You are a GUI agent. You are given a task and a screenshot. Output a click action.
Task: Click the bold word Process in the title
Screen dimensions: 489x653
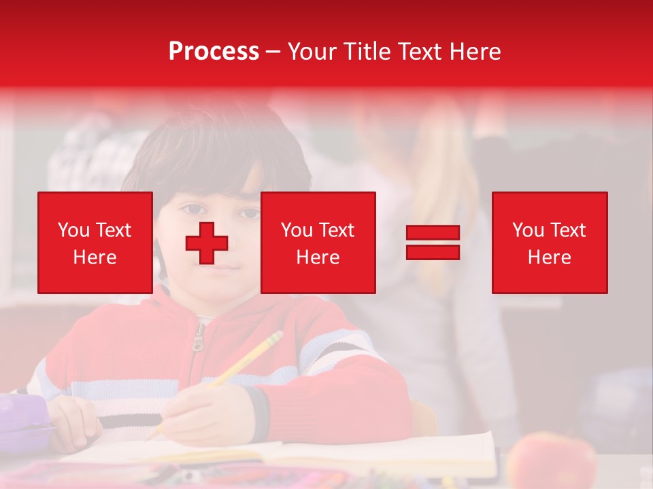pos(214,51)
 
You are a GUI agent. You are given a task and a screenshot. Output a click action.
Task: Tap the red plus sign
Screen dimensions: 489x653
pos(207,243)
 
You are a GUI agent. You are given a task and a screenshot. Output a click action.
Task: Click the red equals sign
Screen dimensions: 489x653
pos(433,242)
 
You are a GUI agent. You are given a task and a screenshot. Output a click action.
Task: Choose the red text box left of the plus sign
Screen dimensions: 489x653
pos(95,242)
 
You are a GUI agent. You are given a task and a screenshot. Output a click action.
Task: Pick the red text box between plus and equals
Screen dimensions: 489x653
pos(318,242)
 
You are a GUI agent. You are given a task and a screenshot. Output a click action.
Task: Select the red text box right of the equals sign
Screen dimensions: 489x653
pos(549,242)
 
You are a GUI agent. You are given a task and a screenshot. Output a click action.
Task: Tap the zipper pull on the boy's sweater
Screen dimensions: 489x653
pos(198,339)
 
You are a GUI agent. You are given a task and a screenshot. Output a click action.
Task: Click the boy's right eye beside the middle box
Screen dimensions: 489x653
pos(251,213)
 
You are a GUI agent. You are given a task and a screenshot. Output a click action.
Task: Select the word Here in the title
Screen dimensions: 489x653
pos(477,51)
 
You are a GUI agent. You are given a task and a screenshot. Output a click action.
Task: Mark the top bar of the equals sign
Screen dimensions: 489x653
pos(433,233)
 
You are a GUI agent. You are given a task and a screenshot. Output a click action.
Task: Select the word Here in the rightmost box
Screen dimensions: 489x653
pos(549,257)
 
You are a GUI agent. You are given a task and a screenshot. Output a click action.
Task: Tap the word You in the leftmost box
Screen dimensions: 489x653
pos(73,230)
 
